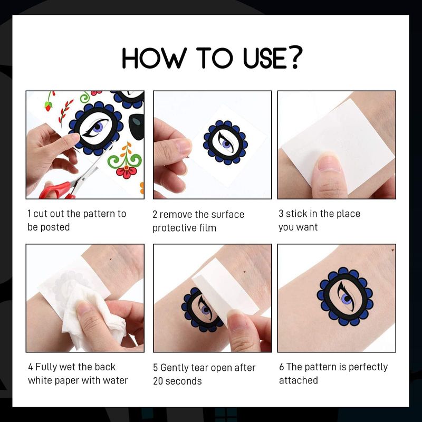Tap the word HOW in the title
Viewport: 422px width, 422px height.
[154, 57]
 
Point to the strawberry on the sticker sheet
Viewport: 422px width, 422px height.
[49, 107]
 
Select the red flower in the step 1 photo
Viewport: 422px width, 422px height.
[126, 172]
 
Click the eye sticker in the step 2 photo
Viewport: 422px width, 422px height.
[226, 142]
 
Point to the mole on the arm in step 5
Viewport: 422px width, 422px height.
[244, 272]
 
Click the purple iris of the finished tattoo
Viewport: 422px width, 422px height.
[346, 299]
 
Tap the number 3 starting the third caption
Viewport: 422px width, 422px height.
[281, 214]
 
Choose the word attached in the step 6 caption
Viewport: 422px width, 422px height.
[298, 380]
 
